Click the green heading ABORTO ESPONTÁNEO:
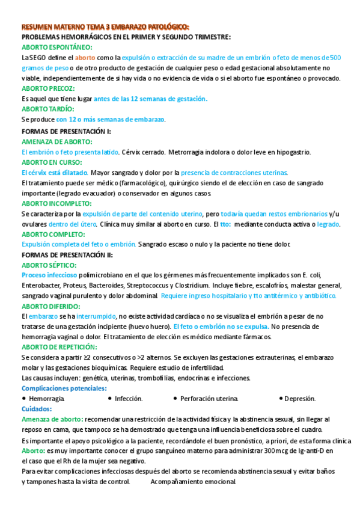coord(56,47)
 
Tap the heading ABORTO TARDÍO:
coord(48,109)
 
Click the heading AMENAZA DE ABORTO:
coord(57,141)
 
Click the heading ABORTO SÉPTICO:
coord(50,265)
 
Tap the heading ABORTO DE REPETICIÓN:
coord(59,347)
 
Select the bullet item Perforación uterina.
coord(209,399)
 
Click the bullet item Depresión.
coord(300,399)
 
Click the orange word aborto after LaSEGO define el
coord(85,58)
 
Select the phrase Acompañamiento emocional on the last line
coord(193,482)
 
